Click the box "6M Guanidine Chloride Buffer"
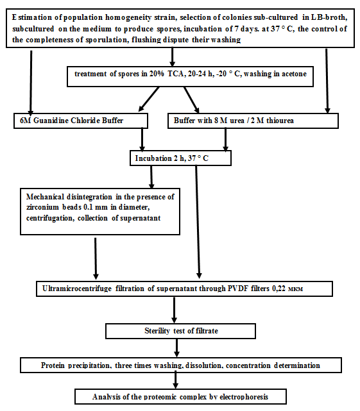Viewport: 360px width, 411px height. point(81,121)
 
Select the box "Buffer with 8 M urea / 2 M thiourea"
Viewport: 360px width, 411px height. point(253,121)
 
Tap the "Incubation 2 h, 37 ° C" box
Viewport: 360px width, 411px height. point(180,158)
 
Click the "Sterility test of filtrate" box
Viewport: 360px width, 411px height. point(180,331)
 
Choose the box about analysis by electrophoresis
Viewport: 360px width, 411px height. point(180,397)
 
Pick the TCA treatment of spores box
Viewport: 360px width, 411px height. point(190,76)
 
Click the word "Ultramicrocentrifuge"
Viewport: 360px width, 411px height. point(77,289)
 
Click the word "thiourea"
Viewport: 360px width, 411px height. point(280,121)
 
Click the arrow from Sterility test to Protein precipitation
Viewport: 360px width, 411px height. point(176,348)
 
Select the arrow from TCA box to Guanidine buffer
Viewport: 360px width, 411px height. point(149,99)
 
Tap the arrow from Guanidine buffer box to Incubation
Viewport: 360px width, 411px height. point(142,140)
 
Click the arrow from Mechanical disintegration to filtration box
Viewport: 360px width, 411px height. point(96,258)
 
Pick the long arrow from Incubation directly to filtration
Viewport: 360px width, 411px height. point(198,222)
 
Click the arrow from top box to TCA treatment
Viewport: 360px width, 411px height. point(172,57)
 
